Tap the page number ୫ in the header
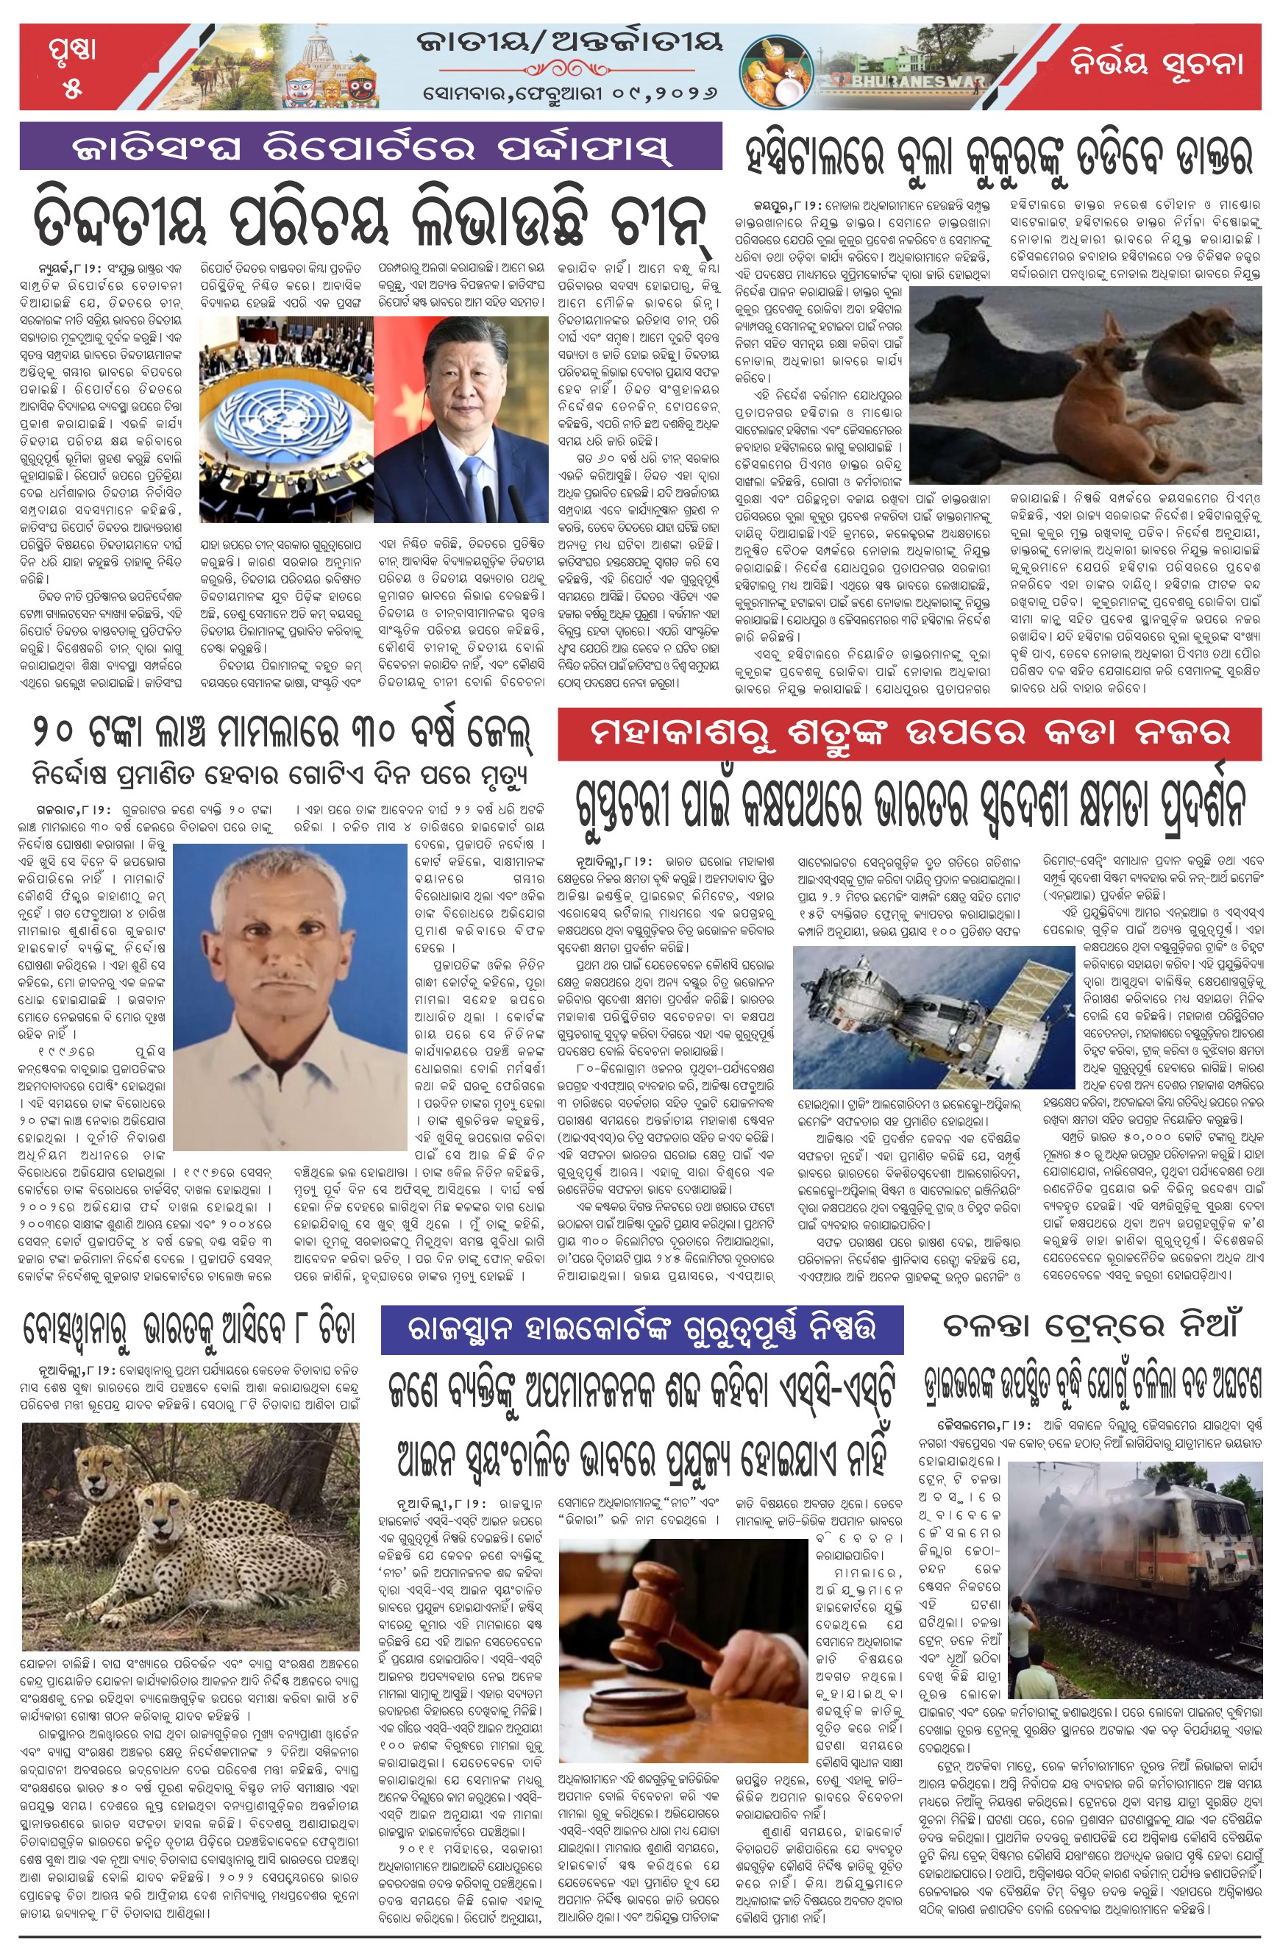pos(72,88)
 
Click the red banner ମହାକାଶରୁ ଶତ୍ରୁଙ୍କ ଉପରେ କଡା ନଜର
pos(909,733)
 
